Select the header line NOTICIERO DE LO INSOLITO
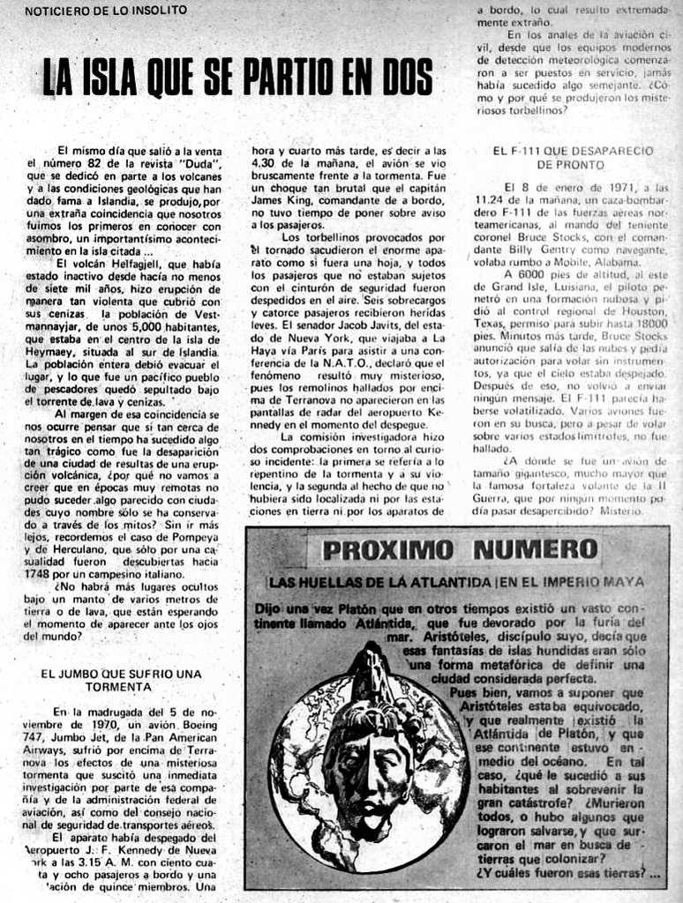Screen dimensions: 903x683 tap(106, 10)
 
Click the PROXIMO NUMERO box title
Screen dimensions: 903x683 tap(460, 550)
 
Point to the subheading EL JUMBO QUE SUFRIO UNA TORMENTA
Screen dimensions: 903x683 tap(122, 679)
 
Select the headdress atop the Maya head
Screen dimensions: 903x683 tap(371, 679)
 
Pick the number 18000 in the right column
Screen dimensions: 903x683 tap(649, 324)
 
